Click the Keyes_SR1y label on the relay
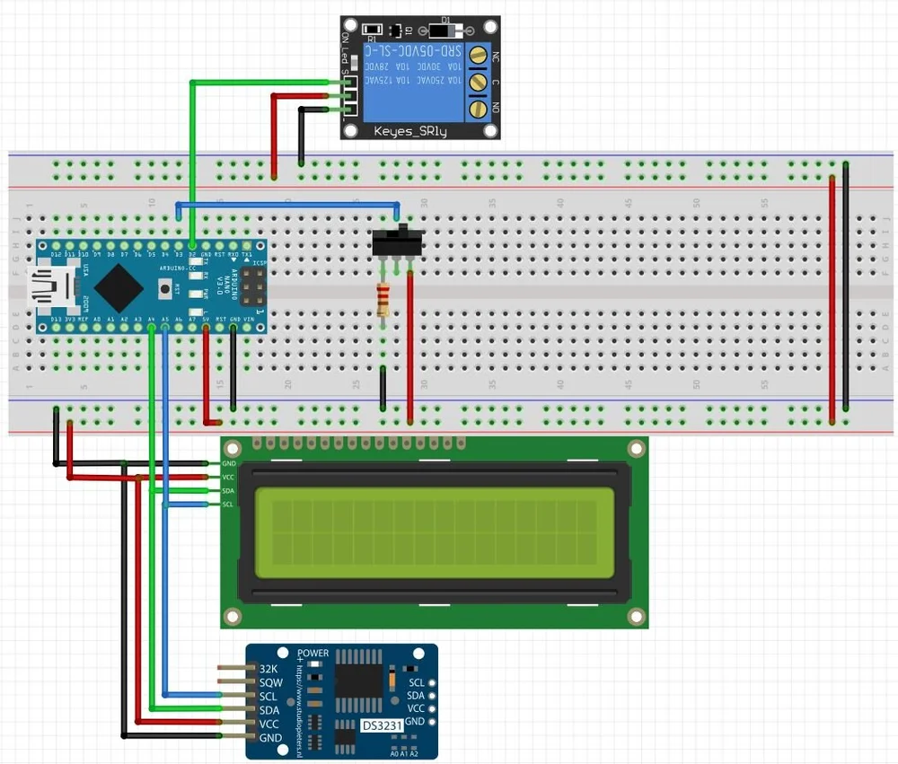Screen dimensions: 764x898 click(x=409, y=131)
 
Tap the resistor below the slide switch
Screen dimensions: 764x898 click(x=383, y=300)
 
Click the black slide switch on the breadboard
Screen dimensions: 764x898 click(x=396, y=241)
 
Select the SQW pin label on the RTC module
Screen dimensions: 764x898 click(x=270, y=682)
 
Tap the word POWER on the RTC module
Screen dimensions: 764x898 click(x=313, y=654)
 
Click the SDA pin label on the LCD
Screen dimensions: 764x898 click(x=228, y=491)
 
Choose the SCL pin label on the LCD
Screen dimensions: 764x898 click(x=228, y=505)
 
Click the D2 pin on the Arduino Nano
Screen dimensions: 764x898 click(x=193, y=245)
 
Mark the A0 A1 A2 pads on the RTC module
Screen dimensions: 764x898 click(x=407, y=752)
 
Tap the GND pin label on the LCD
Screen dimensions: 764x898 click(x=228, y=463)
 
